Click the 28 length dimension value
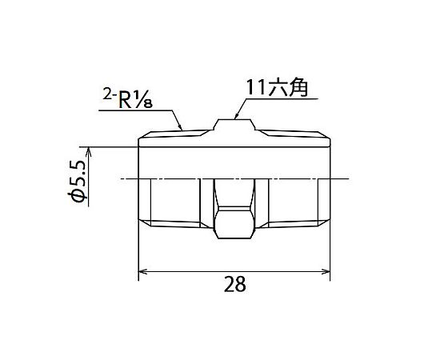pyautogui.click(x=234, y=284)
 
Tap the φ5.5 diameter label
pyautogui.click(x=78, y=182)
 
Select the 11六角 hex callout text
pyautogui.click(x=276, y=88)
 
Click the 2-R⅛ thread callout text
pyautogui.click(x=128, y=99)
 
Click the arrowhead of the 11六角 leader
pyautogui.click(x=236, y=116)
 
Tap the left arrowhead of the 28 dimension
pyautogui.click(x=142, y=271)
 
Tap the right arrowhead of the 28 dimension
pyautogui.click(x=326, y=271)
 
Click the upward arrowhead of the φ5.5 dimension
pyautogui.click(x=89, y=151)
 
